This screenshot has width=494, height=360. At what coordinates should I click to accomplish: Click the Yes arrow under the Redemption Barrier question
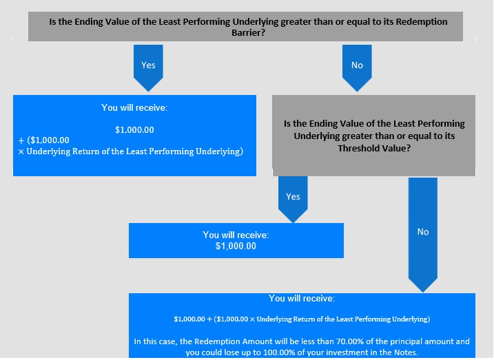tap(148, 67)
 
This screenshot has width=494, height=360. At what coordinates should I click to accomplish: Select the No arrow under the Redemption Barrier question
tap(357, 67)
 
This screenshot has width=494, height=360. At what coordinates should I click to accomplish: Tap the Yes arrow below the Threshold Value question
tap(293, 199)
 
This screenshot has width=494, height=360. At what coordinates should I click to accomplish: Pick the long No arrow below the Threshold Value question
tap(423, 235)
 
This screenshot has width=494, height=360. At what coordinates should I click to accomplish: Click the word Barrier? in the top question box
tap(248, 33)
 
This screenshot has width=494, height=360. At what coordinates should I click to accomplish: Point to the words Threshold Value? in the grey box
tap(374, 148)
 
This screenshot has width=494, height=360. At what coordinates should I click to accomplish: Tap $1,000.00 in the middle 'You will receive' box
tap(236, 246)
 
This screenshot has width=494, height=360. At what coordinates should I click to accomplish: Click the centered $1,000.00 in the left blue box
tap(134, 130)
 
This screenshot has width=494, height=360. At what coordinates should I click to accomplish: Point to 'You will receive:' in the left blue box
tap(134, 108)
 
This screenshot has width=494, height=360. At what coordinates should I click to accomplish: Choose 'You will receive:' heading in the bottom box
tap(302, 298)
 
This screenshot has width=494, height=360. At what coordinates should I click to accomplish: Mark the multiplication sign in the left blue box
tap(21, 152)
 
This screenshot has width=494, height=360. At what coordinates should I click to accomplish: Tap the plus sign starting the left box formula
tap(21, 140)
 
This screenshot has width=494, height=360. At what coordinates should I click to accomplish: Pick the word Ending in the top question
tap(88, 22)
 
